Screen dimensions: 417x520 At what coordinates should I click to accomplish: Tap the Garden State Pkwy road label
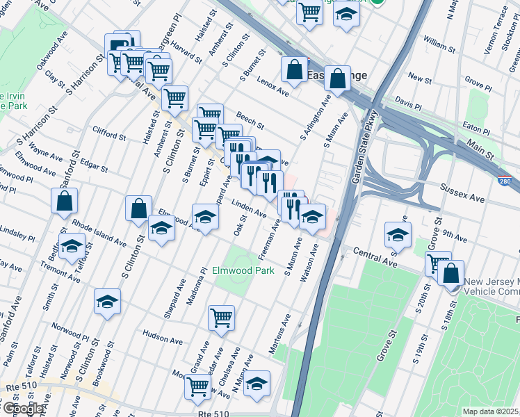coord(366,147)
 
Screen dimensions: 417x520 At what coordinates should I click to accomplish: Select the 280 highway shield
coord(508,182)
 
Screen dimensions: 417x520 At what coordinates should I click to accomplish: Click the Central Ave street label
coord(374,258)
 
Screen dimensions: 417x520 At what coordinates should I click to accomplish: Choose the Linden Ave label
coord(248,207)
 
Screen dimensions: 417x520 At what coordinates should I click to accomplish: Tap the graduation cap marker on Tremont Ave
coord(72,246)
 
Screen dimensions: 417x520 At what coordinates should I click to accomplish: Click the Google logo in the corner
coord(22,409)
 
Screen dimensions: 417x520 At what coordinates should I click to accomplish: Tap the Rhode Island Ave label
coord(97,233)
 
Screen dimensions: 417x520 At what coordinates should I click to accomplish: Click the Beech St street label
coord(250,122)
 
